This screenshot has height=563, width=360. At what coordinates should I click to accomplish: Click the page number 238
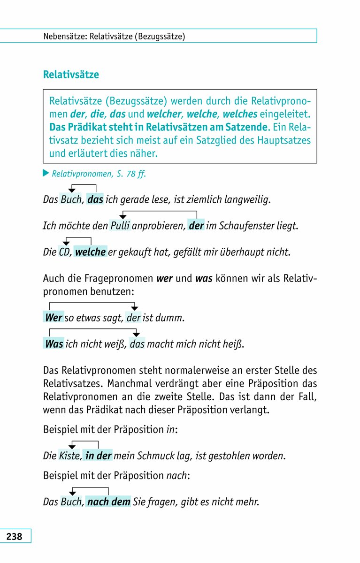[15, 536]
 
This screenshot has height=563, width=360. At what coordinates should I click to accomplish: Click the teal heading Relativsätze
[71, 75]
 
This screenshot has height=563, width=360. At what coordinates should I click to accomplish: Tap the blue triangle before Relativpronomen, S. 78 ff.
[46, 174]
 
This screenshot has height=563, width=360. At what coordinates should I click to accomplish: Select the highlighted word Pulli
[120, 226]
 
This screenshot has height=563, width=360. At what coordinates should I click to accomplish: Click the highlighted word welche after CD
[90, 252]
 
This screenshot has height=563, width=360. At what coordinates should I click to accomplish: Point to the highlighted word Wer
[53, 318]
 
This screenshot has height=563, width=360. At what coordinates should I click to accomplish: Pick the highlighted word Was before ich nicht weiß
[54, 344]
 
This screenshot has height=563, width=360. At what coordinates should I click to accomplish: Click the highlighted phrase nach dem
[108, 502]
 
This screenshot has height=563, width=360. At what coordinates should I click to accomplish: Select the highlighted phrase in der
[98, 456]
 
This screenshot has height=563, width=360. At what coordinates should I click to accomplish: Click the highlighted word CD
[64, 252]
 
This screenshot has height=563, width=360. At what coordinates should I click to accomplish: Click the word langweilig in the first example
[245, 199]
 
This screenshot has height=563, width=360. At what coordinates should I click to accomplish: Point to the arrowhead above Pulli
[123, 217]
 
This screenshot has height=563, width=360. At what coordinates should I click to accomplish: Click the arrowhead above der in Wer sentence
[134, 308]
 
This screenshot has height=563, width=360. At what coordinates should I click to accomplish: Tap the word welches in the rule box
[240, 114]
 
